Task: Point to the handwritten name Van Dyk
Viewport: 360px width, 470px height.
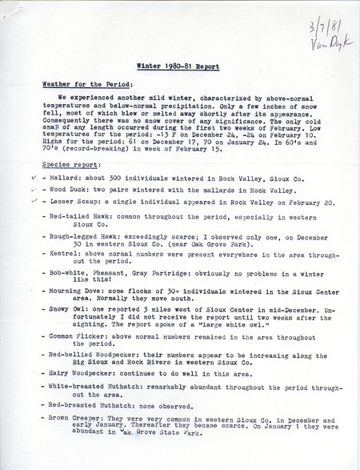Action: pyautogui.click(x=325, y=41)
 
